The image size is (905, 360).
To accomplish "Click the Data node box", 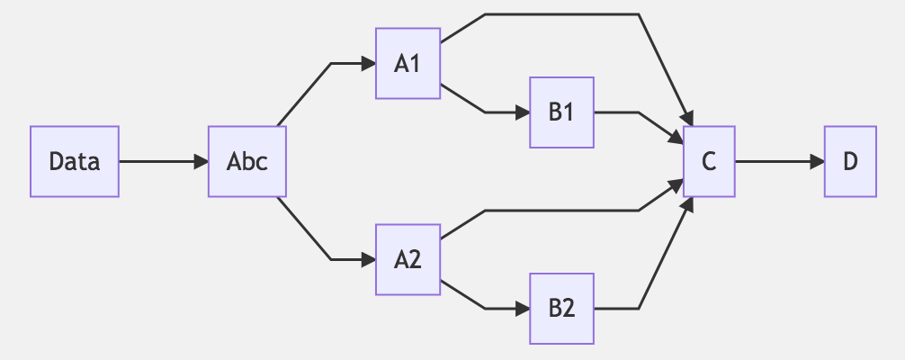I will click(x=75, y=162).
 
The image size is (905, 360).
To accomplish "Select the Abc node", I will click(x=247, y=162).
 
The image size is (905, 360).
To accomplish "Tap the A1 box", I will click(x=408, y=64).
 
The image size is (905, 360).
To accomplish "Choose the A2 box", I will click(x=408, y=260).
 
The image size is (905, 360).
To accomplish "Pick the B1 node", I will click(x=561, y=112).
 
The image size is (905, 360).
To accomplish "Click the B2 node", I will click(x=561, y=309).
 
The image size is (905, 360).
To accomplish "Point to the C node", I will click(x=709, y=162).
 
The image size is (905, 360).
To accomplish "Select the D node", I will click(x=850, y=162).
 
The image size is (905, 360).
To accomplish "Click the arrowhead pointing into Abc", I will click(x=202, y=162).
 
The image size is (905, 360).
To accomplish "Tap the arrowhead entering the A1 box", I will click(x=369, y=64).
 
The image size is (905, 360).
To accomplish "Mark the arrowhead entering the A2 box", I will click(x=369, y=260).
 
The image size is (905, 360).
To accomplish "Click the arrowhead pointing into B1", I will click(x=523, y=112).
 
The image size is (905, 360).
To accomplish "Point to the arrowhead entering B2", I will click(x=523, y=309).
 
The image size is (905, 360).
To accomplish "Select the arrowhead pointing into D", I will click(x=818, y=162).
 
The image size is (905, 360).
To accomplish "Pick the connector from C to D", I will click(x=774, y=162).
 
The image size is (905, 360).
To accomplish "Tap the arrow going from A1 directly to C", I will click(x=558, y=14).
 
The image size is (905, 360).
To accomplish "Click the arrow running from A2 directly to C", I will click(x=558, y=211).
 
